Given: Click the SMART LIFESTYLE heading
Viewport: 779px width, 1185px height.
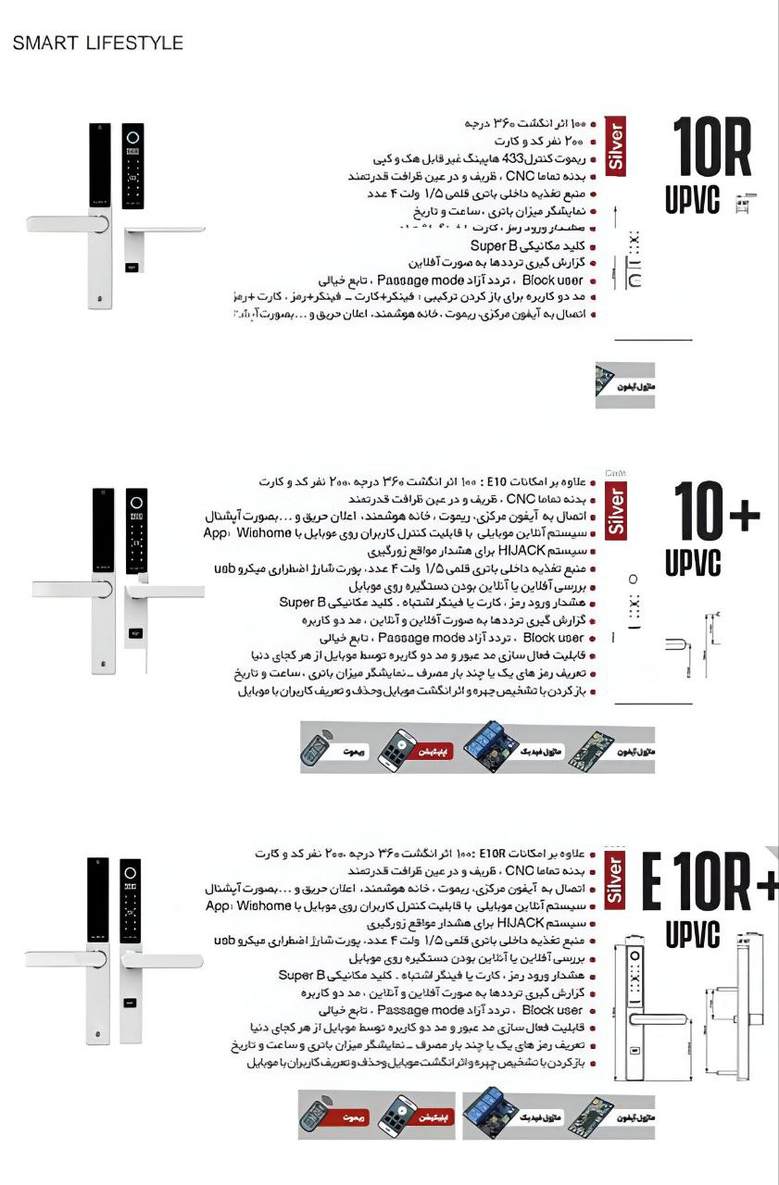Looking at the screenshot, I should pyautogui.click(x=97, y=44).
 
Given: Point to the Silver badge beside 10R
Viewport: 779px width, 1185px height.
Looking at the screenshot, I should pyautogui.click(x=615, y=144).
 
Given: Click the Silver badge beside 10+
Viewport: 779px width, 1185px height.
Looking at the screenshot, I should pyautogui.click(x=615, y=511).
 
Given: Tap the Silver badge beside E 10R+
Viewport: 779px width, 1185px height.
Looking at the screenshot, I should pyautogui.click(x=615, y=879).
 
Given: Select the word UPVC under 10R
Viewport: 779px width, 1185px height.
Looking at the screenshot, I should pyautogui.click(x=692, y=200).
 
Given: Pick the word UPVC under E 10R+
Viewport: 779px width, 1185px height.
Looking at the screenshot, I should pyautogui.click(x=692, y=935).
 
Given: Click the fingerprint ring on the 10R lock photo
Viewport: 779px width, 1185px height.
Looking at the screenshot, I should pyautogui.click(x=132, y=137).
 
